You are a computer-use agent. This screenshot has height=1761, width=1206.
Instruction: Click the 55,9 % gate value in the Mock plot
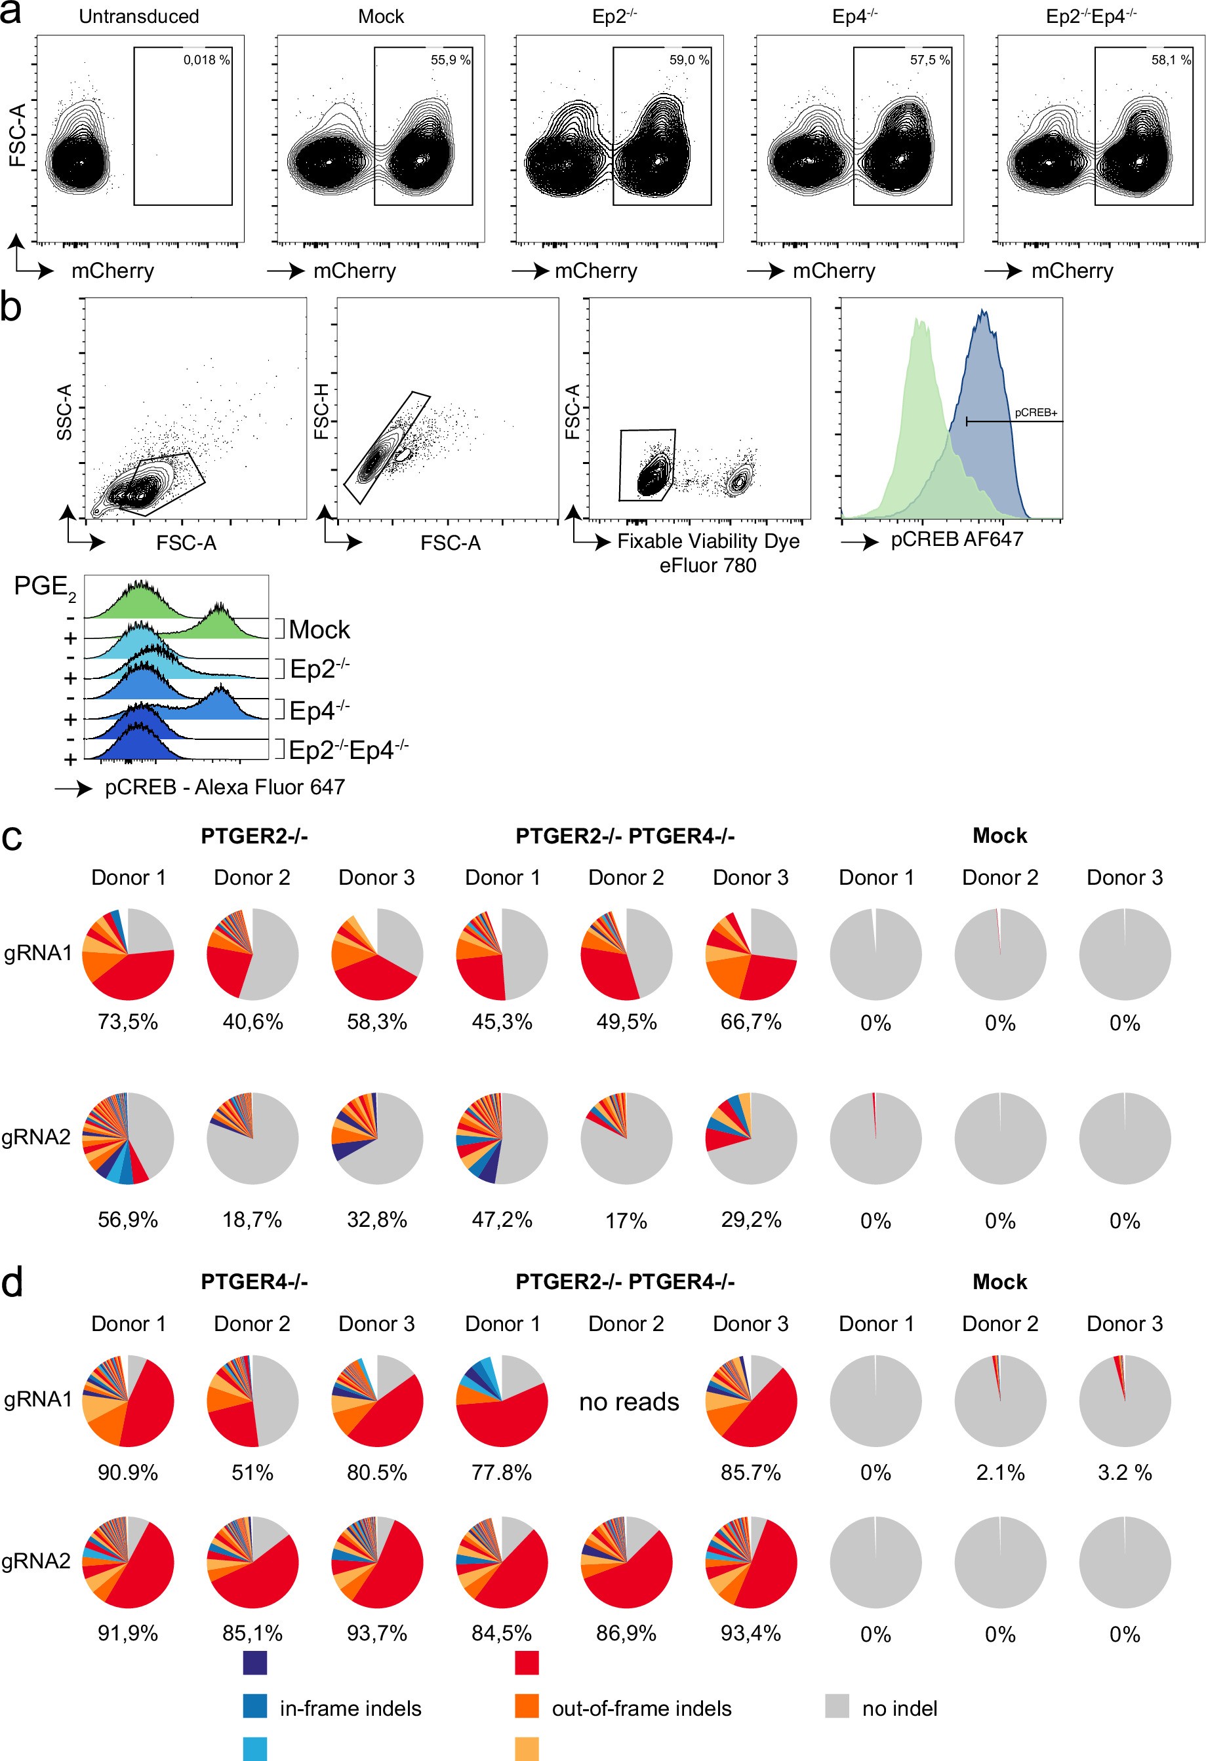451,60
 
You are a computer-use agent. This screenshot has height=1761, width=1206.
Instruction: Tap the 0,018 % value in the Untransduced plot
206,60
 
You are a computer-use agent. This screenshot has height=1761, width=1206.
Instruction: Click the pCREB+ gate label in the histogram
1035,413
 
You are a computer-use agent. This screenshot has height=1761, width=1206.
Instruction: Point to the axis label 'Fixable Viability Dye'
708,541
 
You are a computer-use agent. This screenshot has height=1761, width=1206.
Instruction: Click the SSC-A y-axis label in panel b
64,412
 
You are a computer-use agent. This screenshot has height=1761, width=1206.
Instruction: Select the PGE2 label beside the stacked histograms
44,587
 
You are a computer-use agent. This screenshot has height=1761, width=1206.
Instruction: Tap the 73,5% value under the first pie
127,1022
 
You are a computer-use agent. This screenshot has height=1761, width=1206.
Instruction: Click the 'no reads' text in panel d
628,1402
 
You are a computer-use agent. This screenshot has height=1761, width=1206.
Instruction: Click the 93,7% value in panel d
376,1634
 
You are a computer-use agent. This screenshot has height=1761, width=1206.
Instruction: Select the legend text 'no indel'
899,1709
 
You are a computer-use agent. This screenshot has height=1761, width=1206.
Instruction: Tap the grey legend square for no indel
837,1707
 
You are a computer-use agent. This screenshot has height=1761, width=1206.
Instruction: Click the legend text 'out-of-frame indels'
641,1709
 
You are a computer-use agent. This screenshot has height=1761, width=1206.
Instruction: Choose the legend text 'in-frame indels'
350,1709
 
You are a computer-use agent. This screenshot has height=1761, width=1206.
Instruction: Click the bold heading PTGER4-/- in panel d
254,1281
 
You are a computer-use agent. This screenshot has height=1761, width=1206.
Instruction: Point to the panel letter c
12,838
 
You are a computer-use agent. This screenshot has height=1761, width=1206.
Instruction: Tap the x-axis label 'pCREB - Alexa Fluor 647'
224,787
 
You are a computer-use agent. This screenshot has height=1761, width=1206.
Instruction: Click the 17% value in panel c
626,1221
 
